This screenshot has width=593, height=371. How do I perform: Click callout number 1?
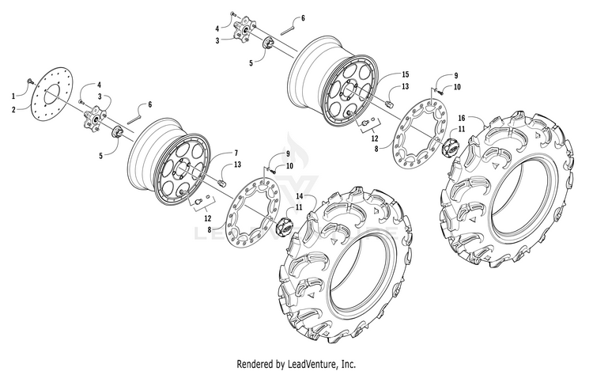pos(13,96)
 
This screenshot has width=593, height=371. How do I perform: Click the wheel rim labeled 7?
pos(170,163)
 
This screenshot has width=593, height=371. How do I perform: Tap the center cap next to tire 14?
pos(286,224)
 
